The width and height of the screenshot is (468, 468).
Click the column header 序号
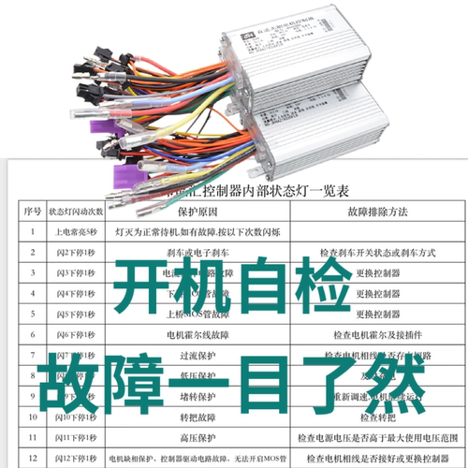point(32,212)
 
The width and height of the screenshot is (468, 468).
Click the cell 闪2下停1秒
point(73,253)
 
